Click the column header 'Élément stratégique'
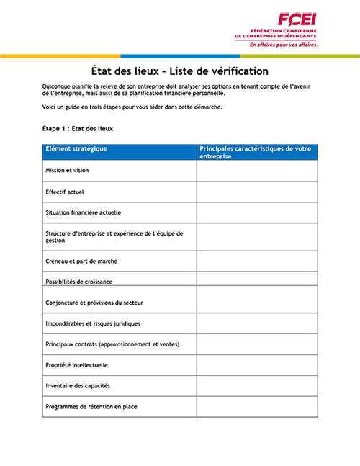(x=76, y=148)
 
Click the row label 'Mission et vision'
(x=67, y=171)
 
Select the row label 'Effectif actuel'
(x=66, y=192)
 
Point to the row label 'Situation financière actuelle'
(x=83, y=212)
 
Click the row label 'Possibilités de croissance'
(x=78, y=281)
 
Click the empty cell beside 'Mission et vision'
(x=256, y=171)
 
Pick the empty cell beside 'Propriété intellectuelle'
(x=256, y=365)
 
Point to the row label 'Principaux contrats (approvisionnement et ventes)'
(x=112, y=344)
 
